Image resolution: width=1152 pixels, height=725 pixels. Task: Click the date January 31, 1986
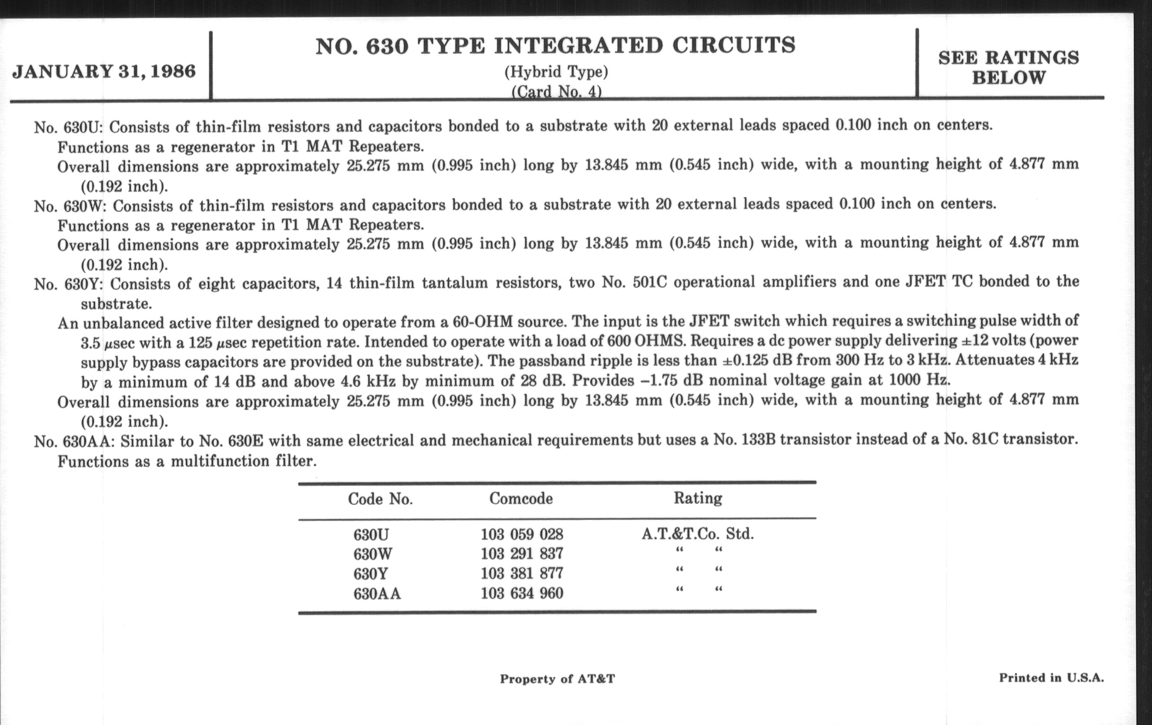coord(104,72)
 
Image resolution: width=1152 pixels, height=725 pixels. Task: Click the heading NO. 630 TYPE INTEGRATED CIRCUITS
coord(555,46)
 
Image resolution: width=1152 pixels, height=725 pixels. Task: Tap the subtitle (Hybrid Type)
coord(556,72)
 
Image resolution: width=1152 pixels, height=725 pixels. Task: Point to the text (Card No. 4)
coord(556,91)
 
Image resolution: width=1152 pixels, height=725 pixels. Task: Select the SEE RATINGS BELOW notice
coord(1008,67)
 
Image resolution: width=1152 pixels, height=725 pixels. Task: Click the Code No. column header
coord(380,499)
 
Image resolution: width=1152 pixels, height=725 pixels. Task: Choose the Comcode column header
coord(521,498)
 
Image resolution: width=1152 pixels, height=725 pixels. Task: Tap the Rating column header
coord(698,498)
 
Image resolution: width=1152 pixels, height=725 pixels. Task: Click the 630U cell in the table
coord(371,535)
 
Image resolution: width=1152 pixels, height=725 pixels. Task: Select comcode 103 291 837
coord(522,553)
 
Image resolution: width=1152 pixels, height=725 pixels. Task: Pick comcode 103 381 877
coord(522,573)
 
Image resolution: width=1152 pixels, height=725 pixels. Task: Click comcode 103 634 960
coord(522,593)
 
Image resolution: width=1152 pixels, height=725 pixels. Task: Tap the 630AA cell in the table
coord(377,594)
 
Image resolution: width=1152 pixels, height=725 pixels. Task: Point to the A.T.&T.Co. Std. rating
coord(697,534)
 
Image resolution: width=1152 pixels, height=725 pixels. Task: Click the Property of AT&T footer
coord(558,679)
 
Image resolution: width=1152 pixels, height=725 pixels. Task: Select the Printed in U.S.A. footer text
coord(1051,678)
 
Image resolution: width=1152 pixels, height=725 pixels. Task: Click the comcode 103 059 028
coord(522,534)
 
